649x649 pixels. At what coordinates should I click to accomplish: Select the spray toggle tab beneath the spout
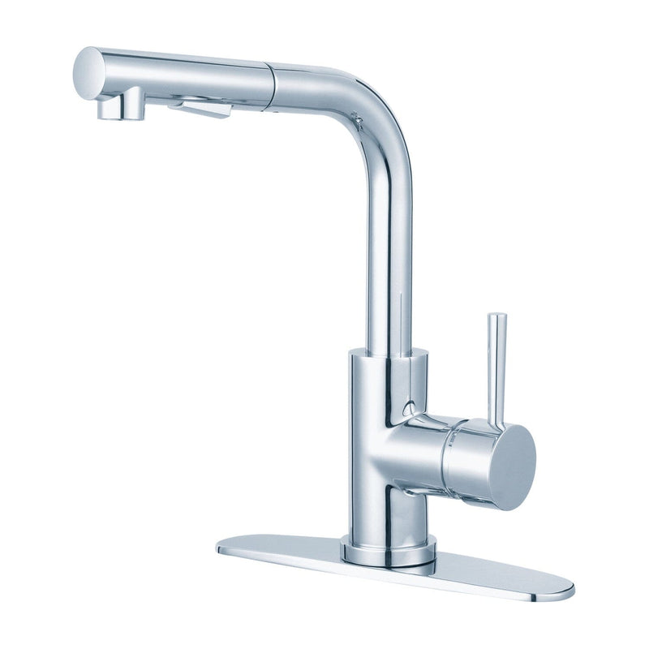(x=201, y=107)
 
